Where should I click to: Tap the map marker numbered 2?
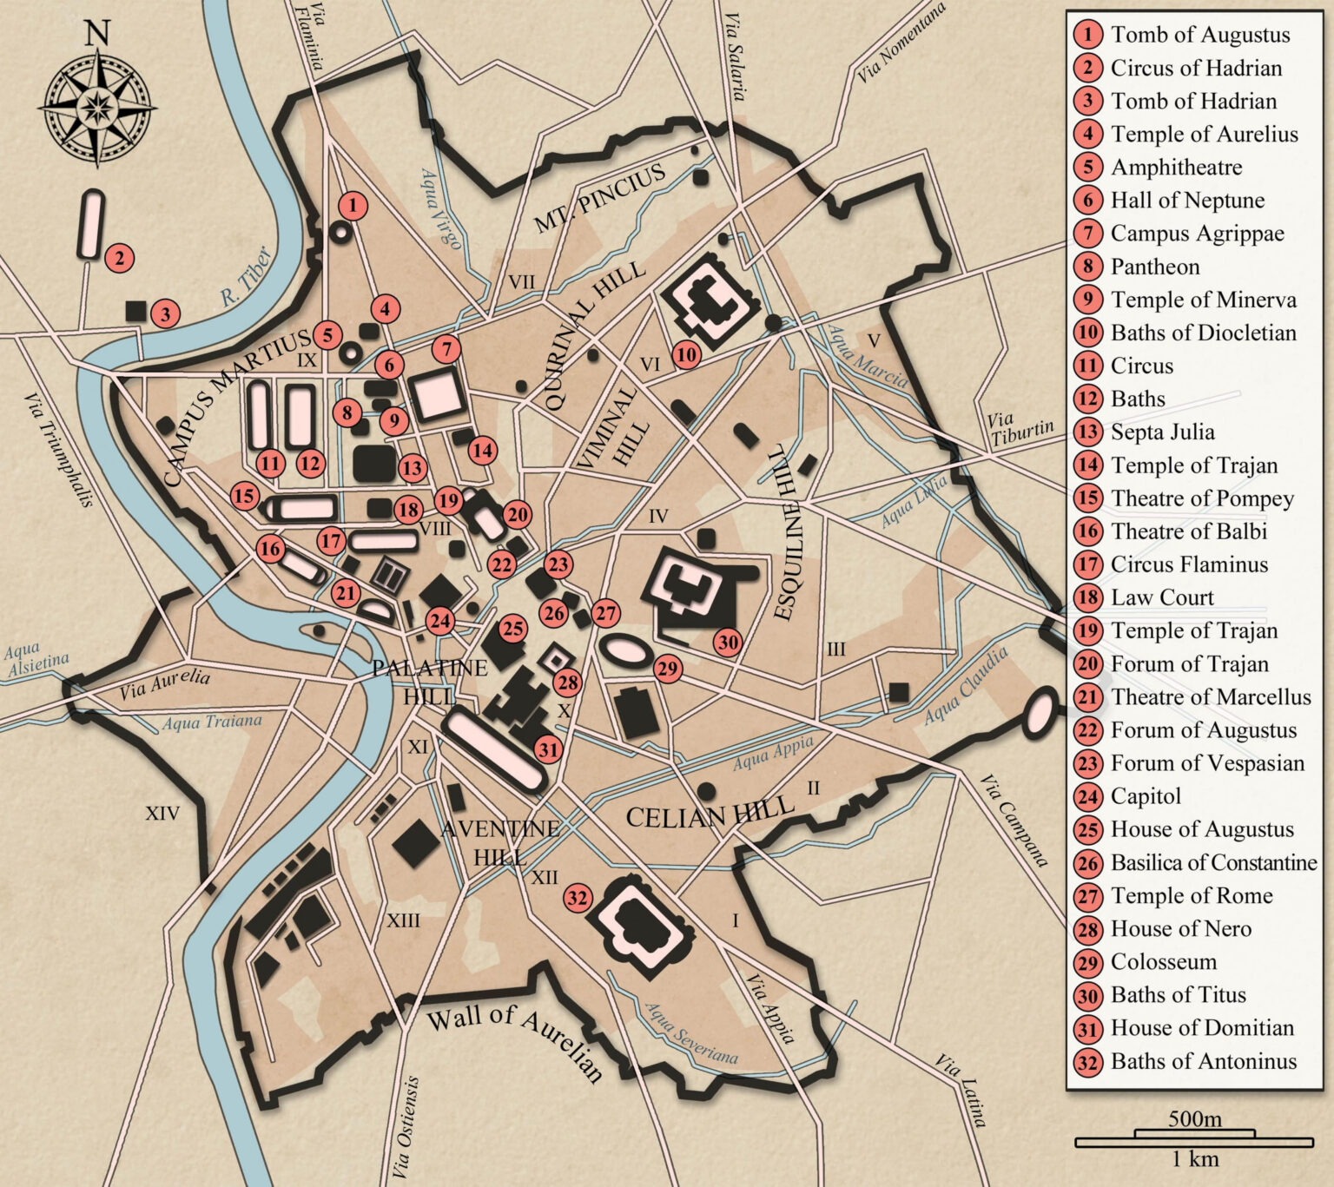tap(119, 258)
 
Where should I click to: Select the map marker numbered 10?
tap(686, 354)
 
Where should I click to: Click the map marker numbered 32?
tap(578, 898)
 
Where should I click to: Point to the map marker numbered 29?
tap(667, 669)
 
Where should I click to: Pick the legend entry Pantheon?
tap(1154, 267)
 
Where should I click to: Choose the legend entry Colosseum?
tap(1163, 962)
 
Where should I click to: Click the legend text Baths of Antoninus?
tap(1203, 1061)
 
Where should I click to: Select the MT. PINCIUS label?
tap(599, 199)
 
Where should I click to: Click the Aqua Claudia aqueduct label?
tap(966, 686)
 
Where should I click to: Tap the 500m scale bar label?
tap(1194, 1118)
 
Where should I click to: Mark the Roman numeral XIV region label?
tap(162, 814)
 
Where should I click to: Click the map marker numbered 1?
tap(352, 206)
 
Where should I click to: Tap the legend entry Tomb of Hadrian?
tap(1193, 101)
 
